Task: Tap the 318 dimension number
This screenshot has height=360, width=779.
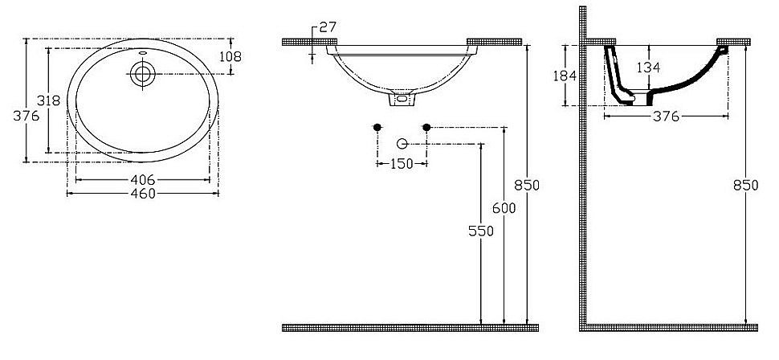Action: point(50,100)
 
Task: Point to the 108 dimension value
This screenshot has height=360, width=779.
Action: point(230,56)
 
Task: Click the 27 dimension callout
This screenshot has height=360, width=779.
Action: point(327,27)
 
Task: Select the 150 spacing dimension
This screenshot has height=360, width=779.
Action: point(401,164)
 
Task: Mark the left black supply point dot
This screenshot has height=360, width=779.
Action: point(377,127)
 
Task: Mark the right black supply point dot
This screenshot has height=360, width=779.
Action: point(426,127)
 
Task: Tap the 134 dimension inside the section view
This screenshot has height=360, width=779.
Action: point(649,67)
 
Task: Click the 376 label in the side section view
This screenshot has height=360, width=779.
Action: point(666,117)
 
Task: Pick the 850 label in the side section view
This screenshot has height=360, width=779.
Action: point(746,185)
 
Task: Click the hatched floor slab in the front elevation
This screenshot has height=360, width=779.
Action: point(410,327)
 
